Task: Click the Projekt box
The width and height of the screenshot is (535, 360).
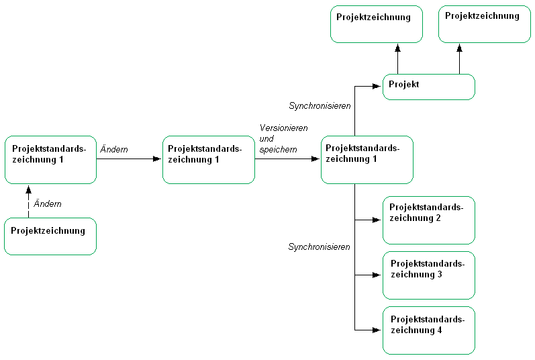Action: [429, 87]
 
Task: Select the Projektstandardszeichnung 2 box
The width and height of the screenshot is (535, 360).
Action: [429, 220]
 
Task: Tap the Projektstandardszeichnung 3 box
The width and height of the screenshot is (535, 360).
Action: [429, 275]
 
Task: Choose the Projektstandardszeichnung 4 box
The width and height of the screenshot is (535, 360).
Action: [429, 330]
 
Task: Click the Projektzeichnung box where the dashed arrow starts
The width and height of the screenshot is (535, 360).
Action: [50, 236]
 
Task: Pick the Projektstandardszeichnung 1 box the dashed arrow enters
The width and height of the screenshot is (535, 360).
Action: [50, 159]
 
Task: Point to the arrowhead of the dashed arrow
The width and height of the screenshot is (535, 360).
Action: [28, 190]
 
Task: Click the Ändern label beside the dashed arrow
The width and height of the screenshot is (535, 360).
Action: [48, 204]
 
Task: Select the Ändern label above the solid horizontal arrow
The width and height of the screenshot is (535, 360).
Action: [114, 149]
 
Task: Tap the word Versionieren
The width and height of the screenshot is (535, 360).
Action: [283, 128]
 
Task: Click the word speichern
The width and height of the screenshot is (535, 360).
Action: [278, 149]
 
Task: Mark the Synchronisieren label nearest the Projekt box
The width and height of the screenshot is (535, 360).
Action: [320, 105]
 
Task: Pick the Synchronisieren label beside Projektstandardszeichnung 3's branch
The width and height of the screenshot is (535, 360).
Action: [320, 247]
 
